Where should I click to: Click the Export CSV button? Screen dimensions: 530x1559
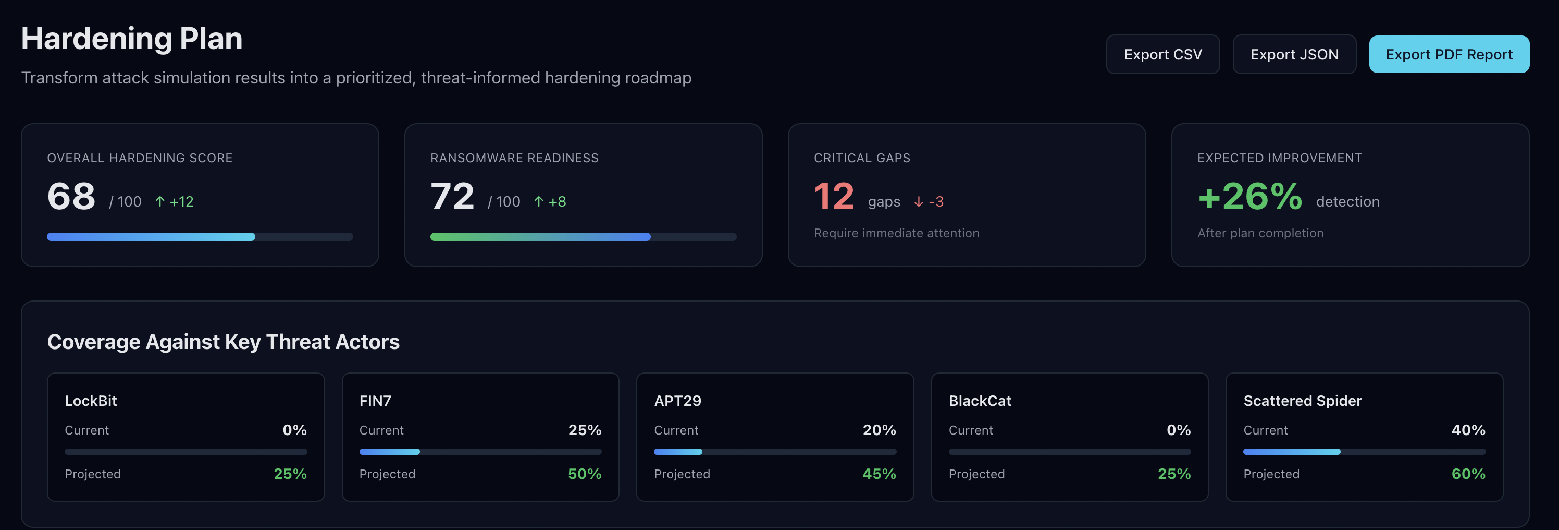pyautogui.click(x=1162, y=55)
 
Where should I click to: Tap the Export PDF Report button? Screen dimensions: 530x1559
pyautogui.click(x=1449, y=55)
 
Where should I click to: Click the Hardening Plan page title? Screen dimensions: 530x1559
pyautogui.click(x=132, y=39)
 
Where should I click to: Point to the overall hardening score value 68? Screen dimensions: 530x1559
pyautogui.click(x=71, y=196)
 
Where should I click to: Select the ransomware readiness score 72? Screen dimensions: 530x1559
pyautogui.click(x=452, y=196)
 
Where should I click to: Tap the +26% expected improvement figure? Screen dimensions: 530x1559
pyautogui.click(x=1249, y=196)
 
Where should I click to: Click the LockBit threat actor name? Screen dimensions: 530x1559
pyautogui.click(x=91, y=401)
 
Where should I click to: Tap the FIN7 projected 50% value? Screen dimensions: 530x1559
pyautogui.click(x=584, y=474)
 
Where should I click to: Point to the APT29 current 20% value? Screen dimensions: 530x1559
pyautogui.click(x=879, y=430)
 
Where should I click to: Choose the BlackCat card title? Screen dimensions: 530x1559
pyautogui.click(x=980, y=401)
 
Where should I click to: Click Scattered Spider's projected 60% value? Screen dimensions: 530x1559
pyautogui.click(x=1468, y=474)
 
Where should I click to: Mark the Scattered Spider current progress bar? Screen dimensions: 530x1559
pyautogui.click(x=1364, y=452)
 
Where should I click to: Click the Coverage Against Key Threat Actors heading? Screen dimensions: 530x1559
pyautogui.click(x=224, y=342)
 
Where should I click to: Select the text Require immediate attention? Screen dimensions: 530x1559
pyautogui.click(x=896, y=233)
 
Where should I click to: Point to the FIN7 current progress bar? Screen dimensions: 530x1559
pyautogui.click(x=480, y=452)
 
